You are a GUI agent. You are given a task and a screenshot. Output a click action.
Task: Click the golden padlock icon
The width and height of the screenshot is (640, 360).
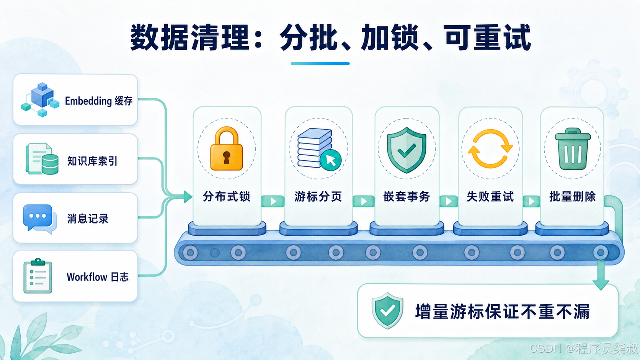(227, 148)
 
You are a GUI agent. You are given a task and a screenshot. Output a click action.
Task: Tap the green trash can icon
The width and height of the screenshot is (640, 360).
(573, 149)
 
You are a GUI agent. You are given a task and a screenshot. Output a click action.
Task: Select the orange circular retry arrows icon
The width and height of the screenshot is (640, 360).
(490, 148)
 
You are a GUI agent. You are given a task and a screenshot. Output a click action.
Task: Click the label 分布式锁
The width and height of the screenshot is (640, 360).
(227, 196)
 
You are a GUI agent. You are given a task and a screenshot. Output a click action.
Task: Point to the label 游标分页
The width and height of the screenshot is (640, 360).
(318, 196)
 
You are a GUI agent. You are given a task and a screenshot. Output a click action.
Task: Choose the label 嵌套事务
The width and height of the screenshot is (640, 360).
(407, 196)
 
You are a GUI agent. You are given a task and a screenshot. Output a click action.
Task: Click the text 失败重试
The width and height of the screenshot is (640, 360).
(490, 196)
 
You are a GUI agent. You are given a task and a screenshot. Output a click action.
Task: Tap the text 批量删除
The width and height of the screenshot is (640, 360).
(573, 196)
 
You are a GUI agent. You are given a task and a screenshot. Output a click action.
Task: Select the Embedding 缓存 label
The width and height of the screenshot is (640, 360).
(99, 101)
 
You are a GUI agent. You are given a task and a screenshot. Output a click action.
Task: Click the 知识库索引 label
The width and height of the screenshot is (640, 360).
(92, 161)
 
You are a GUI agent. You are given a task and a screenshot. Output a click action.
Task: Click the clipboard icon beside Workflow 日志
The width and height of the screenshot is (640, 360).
(38, 276)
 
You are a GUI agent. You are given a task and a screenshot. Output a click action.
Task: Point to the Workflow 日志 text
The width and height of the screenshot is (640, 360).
(98, 277)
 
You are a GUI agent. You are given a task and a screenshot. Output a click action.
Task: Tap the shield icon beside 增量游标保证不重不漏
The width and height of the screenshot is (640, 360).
(387, 311)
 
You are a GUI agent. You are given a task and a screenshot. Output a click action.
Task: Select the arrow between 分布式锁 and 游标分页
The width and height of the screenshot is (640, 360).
(273, 202)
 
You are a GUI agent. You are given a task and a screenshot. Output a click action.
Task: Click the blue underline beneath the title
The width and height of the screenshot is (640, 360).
(320, 64)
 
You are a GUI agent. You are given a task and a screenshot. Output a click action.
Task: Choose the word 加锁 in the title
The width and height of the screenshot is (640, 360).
(390, 38)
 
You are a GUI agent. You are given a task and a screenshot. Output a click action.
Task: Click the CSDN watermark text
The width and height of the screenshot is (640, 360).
(583, 349)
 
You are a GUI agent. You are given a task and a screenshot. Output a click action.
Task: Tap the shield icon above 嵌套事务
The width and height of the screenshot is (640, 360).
(407, 150)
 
